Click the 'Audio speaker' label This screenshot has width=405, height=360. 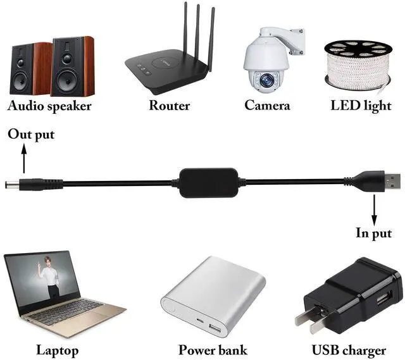[x=49, y=106]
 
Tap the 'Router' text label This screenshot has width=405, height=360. [x=169, y=106]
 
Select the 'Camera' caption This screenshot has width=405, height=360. [x=267, y=106]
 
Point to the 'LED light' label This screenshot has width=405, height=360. [x=361, y=106]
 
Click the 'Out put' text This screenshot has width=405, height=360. [x=30, y=135]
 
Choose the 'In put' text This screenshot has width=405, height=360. [x=373, y=233]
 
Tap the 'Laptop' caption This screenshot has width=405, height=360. [x=57, y=350]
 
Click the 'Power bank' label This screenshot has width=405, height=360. [x=213, y=350]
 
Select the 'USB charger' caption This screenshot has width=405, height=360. [x=349, y=350]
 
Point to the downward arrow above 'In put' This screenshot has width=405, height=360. [x=373, y=209]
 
